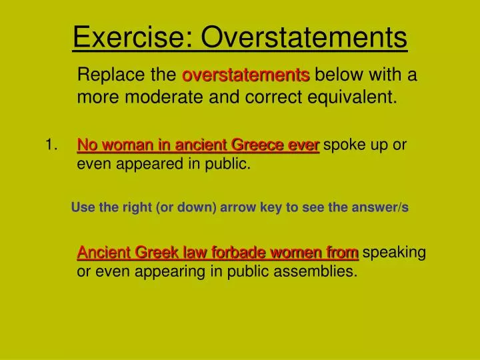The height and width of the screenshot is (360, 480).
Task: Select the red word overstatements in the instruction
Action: (x=245, y=75)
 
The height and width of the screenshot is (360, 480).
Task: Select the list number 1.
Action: (x=51, y=145)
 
